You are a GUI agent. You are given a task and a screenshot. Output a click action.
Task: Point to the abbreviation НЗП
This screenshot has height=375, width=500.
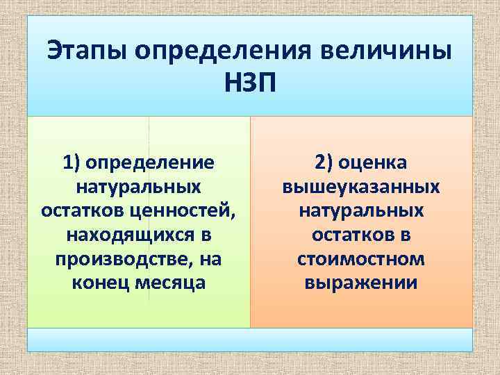point(250,84)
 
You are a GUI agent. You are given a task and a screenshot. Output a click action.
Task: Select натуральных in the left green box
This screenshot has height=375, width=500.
point(138,187)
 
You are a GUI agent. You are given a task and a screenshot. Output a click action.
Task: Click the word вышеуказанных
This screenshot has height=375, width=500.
point(360,187)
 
